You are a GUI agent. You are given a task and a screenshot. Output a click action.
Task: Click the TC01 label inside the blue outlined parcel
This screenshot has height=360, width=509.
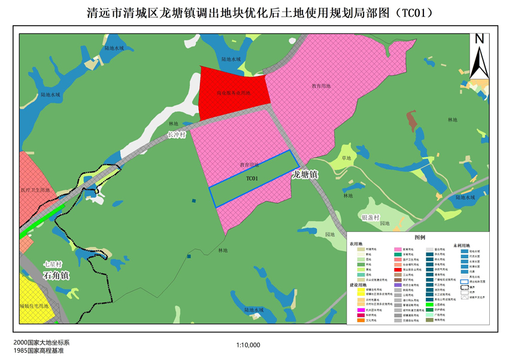tap(252, 179)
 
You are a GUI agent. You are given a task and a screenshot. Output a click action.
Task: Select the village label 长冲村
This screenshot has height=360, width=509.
tap(178, 136)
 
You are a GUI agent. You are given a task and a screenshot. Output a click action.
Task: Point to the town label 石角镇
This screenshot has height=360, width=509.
tap(56, 276)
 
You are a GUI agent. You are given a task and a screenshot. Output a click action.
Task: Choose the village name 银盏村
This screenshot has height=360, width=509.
tap(370, 217)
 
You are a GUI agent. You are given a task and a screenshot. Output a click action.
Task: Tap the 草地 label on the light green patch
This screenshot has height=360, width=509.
tap(346, 159)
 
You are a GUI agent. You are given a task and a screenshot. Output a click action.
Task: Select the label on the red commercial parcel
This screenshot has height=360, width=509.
tap(233, 93)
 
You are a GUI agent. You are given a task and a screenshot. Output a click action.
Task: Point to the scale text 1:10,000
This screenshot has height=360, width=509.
tap(249, 345)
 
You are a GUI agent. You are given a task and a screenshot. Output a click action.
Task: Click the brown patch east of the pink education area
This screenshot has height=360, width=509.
tap(411, 120)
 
